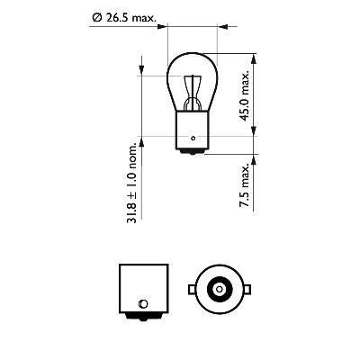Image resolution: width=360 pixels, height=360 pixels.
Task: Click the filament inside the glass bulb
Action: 193,91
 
